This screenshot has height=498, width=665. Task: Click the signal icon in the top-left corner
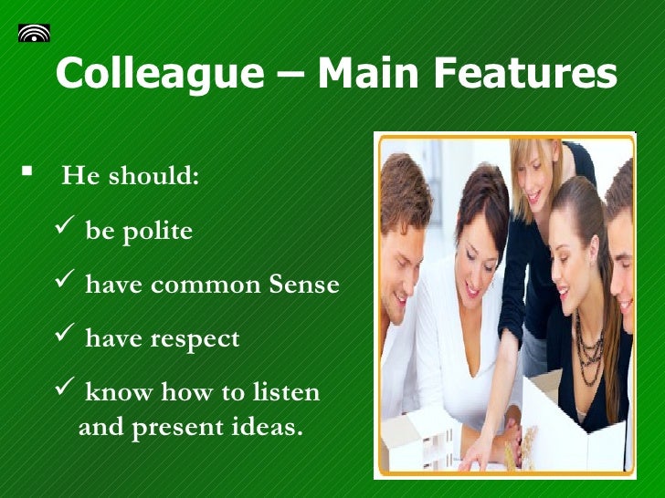(x=34, y=33)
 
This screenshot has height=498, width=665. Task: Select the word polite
(x=154, y=232)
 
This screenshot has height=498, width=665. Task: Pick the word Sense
(x=304, y=285)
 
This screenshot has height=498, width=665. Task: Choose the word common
(x=206, y=285)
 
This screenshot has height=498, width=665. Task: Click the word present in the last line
(x=174, y=427)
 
